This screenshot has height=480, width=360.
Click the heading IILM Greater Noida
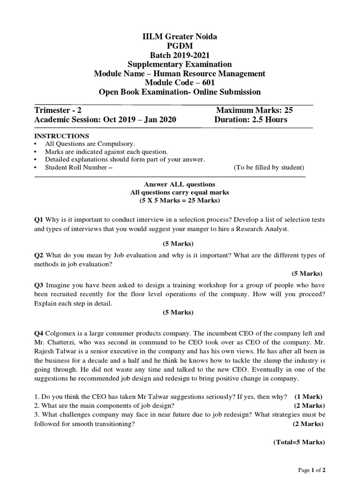[x=180, y=37]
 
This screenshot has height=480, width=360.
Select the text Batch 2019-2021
[x=180, y=55]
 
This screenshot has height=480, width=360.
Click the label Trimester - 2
[x=58, y=111]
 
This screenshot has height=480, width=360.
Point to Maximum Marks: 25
[x=255, y=111]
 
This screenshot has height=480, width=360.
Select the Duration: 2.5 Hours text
[x=251, y=120]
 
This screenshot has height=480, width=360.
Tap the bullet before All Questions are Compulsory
[x=36, y=144]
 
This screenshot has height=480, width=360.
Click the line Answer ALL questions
[x=180, y=185]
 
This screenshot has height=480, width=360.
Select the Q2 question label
[x=38, y=255]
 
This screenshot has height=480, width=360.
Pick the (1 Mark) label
[x=308, y=397]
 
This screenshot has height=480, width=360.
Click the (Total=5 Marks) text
[x=298, y=442]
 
